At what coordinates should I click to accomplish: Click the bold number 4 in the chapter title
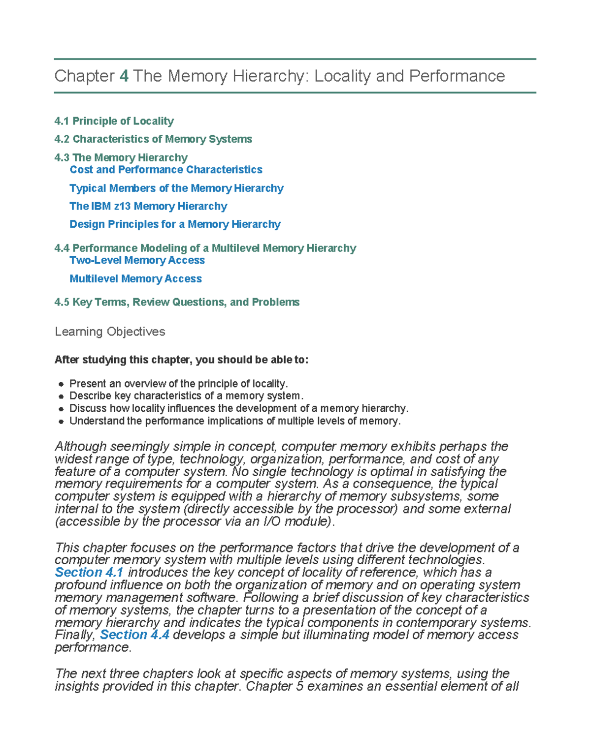(124, 76)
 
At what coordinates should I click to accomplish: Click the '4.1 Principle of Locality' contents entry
(114, 121)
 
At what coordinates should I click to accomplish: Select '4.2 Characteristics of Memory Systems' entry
(153, 139)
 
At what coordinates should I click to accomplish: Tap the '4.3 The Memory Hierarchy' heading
(121, 157)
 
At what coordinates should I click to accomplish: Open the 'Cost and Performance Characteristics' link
(166, 170)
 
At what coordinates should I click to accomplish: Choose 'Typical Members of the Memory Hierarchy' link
(176, 188)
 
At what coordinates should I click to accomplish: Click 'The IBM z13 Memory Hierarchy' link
(148, 206)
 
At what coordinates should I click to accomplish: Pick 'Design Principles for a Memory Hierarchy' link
(175, 224)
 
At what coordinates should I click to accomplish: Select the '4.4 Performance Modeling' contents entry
(205, 248)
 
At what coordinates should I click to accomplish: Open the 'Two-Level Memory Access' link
(137, 260)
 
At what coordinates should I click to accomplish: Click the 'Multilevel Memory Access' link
(135, 279)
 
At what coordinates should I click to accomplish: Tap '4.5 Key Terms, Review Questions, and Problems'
(177, 302)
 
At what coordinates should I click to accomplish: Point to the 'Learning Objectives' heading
(110, 332)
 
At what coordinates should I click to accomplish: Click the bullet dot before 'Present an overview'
(61, 384)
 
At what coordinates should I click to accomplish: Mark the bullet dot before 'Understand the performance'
(61, 422)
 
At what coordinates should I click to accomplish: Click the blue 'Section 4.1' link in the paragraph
(89, 573)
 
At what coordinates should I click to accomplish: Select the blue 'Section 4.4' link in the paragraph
(134, 635)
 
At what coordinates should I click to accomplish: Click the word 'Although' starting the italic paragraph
(81, 447)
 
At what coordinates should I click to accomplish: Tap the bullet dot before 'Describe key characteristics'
(61, 396)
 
